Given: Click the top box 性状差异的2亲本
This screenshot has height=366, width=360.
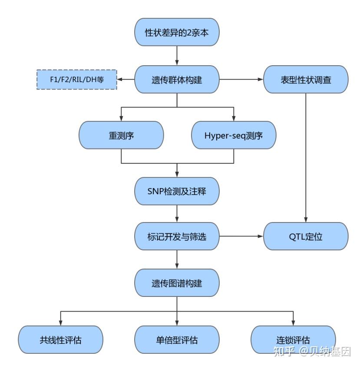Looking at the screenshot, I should click(177, 32).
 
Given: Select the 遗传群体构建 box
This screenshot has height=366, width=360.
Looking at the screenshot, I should click(177, 80).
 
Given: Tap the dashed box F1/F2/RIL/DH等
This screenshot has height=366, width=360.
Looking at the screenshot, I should click(76, 80).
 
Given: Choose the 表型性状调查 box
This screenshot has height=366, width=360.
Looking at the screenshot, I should click(306, 80).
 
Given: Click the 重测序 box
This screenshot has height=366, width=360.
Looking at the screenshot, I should click(121, 135).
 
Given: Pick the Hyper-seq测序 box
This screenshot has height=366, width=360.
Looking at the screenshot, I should click(234, 135).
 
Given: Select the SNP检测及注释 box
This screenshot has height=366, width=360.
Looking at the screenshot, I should click(177, 191).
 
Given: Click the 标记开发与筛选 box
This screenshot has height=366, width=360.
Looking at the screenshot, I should click(177, 237).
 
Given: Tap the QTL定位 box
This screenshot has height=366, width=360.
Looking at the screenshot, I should click(306, 237).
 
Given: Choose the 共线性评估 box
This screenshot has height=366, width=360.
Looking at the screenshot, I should click(60, 339).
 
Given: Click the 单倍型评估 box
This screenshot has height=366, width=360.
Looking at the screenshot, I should click(177, 339).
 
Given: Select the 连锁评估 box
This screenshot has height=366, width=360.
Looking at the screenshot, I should click(293, 339).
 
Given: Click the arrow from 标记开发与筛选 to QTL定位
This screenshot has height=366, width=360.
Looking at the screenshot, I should click(241, 237).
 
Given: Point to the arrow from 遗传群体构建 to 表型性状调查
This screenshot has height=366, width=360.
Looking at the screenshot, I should click(241, 80).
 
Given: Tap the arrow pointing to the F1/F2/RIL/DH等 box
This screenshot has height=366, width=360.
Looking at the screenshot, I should click(126, 80).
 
